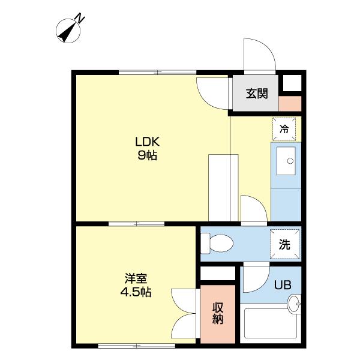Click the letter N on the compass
80,18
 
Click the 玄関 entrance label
257,94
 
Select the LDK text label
147,142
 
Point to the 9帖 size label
147,155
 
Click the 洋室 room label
136,278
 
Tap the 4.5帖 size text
136,292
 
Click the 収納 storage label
218,313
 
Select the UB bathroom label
283,285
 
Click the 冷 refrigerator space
284,129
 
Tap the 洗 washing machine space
284,244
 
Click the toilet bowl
217,244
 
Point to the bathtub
271,323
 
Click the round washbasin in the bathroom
294,304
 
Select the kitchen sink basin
286,161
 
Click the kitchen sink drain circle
290,161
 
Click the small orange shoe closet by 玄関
290,104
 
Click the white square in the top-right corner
292,83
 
